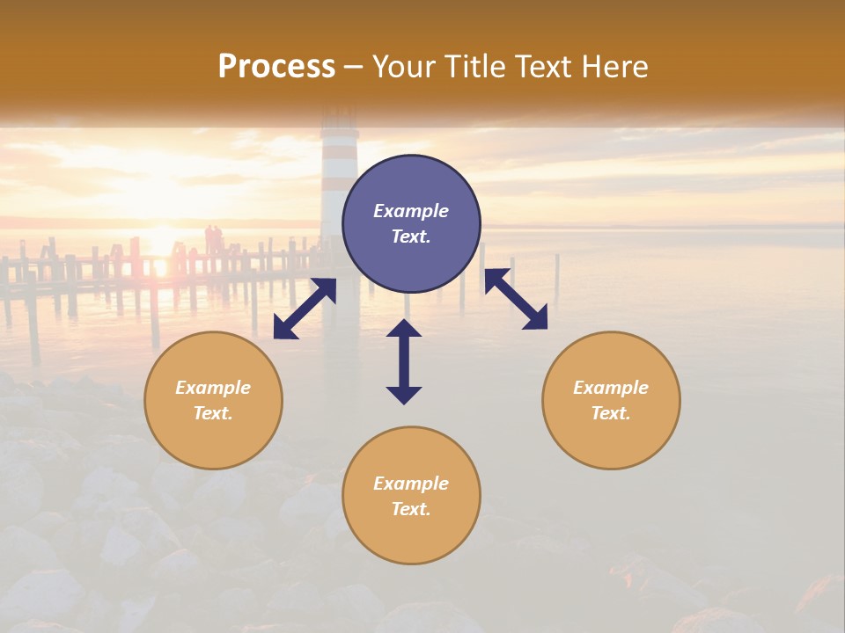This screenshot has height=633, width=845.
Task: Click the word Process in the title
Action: (276, 67)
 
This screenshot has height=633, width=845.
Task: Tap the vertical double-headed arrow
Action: (404, 361)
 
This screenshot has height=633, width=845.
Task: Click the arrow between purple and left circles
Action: (305, 309)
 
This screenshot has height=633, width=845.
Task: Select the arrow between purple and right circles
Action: (516, 299)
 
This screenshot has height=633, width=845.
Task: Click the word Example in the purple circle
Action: (411, 211)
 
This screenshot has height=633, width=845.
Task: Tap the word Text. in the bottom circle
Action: (411, 509)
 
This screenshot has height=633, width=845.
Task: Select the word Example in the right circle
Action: (611, 388)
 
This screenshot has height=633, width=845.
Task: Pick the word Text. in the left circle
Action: (213, 413)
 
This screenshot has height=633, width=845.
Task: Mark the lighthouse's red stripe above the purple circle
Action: (339, 166)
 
